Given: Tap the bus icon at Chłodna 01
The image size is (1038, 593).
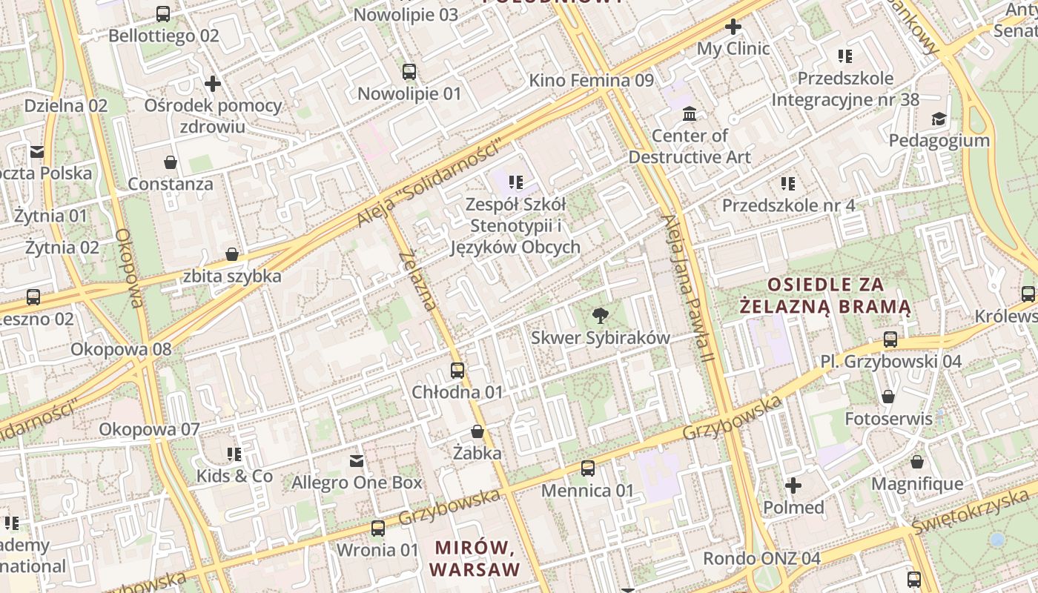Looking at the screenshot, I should point(457,371).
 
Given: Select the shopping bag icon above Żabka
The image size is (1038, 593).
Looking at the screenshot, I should point(477,431).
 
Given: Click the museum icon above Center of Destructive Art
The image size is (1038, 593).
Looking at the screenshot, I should point(690,114).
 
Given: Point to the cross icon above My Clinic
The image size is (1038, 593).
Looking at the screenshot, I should point(733,27).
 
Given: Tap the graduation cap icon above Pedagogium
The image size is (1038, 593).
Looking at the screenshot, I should point(939,119).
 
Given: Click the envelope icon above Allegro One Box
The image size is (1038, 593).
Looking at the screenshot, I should point(357,461).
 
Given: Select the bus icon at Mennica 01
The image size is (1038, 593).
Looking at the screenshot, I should point(588,468).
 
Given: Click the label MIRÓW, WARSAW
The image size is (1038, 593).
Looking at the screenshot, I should point(475,559).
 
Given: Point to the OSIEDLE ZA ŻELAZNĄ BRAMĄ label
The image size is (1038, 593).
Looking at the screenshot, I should point(826,295).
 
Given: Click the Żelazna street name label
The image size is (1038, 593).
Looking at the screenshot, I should point(418,281).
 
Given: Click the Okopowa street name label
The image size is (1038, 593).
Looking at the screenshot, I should point(129,268).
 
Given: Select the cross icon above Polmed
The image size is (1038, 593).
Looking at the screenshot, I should point(793,486).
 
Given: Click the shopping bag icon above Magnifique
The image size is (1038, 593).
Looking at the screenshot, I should point(917,463).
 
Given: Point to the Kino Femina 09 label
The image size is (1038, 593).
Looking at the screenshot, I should point(591,80).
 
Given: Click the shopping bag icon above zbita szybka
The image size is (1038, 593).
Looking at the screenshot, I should point(232,255).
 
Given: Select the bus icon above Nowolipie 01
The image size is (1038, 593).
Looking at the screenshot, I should point(409,72).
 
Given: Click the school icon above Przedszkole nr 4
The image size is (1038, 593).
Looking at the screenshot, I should point(788,183).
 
